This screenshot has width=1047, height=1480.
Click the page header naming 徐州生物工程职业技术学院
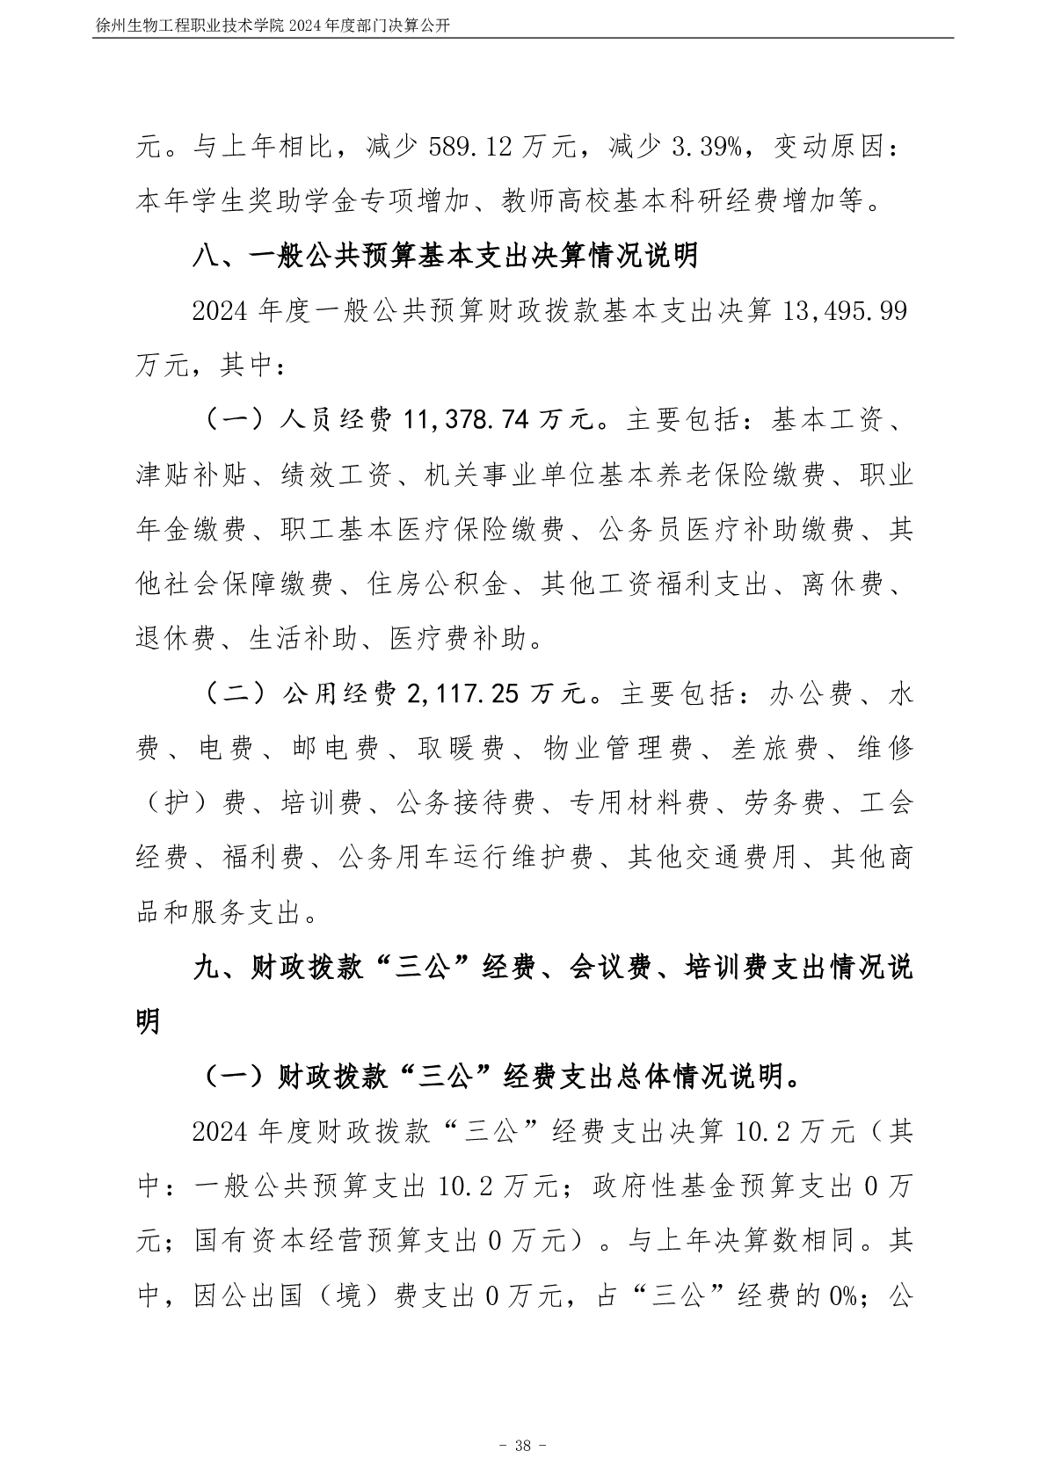pos(273,25)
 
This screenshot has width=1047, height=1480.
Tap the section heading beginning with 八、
pos(446,256)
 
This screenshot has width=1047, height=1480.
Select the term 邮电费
pos(334,750)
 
